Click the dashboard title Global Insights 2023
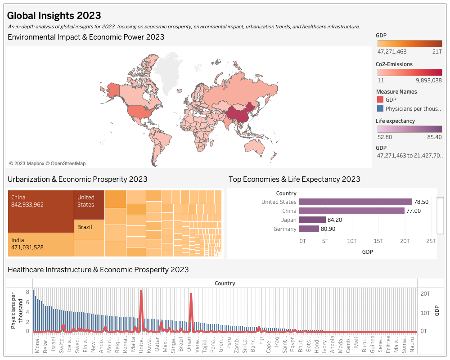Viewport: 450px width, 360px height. click(54, 16)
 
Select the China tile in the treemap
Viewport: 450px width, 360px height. click(41, 211)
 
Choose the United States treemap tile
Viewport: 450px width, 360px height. click(89, 205)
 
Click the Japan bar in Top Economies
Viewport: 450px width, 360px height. click(312, 220)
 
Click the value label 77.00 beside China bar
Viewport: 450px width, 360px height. click(414, 211)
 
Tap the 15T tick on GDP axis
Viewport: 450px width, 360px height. click(378, 241)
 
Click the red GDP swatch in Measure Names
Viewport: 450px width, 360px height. click(380, 100)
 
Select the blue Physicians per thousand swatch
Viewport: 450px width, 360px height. click(380, 108)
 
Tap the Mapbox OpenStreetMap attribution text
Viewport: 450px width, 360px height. click(47, 163)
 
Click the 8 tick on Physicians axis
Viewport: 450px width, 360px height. click(27, 292)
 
